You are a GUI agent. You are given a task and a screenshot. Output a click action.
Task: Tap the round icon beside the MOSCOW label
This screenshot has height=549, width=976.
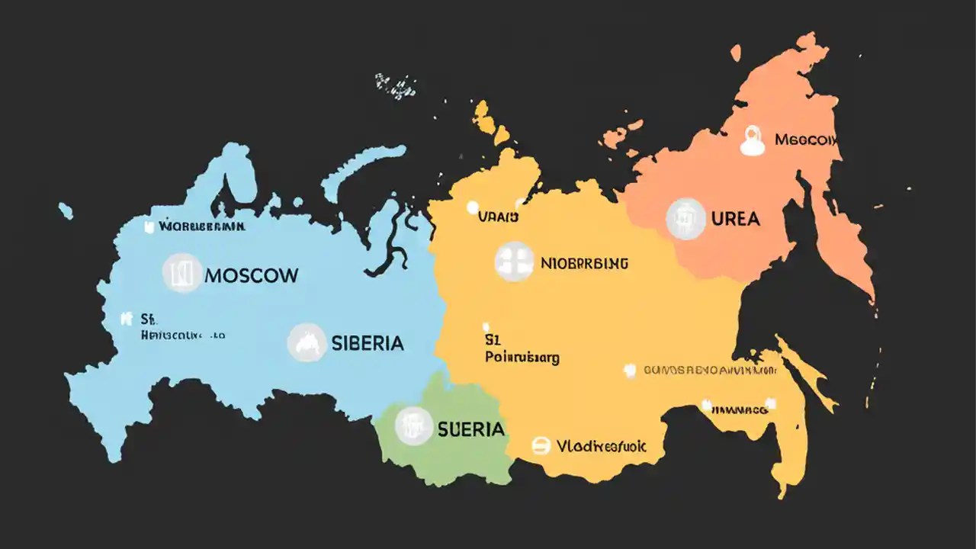pos(182,273)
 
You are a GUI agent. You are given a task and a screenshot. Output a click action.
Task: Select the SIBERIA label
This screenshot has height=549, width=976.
pos(367,343)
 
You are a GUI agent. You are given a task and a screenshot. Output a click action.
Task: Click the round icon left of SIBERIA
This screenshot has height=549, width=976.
pos(307,343)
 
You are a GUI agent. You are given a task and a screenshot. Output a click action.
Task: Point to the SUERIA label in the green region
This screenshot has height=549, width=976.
pos(470,429)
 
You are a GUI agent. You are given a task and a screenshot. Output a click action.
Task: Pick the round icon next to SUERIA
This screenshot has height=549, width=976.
pos(414,425)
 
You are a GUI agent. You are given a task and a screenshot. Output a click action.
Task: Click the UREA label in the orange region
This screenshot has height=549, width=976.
pos(735,219)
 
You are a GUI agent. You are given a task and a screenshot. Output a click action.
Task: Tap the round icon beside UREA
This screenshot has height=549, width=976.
pos(685,219)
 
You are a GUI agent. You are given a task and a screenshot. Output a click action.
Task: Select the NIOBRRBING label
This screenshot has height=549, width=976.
pos(584,263)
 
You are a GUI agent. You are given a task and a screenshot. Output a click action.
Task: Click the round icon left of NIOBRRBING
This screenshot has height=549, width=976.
pos(514,262)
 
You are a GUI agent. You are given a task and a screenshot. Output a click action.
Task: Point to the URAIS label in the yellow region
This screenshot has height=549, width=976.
pos(498,217)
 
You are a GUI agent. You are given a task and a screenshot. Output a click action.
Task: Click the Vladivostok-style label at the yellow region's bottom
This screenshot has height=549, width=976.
pos(601,446)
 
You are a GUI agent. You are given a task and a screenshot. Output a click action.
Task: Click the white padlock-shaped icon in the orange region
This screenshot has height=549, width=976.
pos(753,141)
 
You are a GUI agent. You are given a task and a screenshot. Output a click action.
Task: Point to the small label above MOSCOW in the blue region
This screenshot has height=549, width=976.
pos(201,226)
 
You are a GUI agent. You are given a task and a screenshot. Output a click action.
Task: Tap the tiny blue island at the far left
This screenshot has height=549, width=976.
pos(66,210)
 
